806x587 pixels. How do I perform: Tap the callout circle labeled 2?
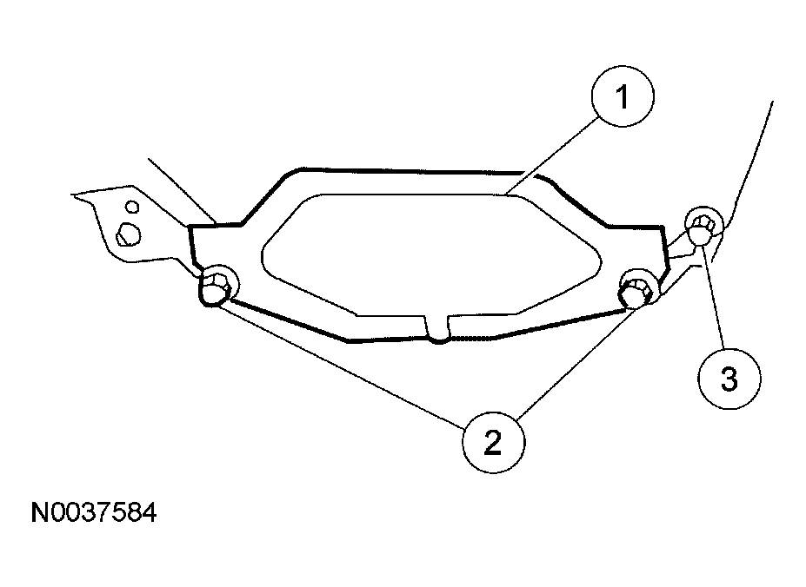(493, 443)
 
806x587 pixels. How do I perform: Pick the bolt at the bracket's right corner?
(637, 288)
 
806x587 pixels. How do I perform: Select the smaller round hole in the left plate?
(131, 208)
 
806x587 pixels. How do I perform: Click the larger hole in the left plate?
(127, 232)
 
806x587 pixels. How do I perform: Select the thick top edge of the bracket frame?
(409, 170)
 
